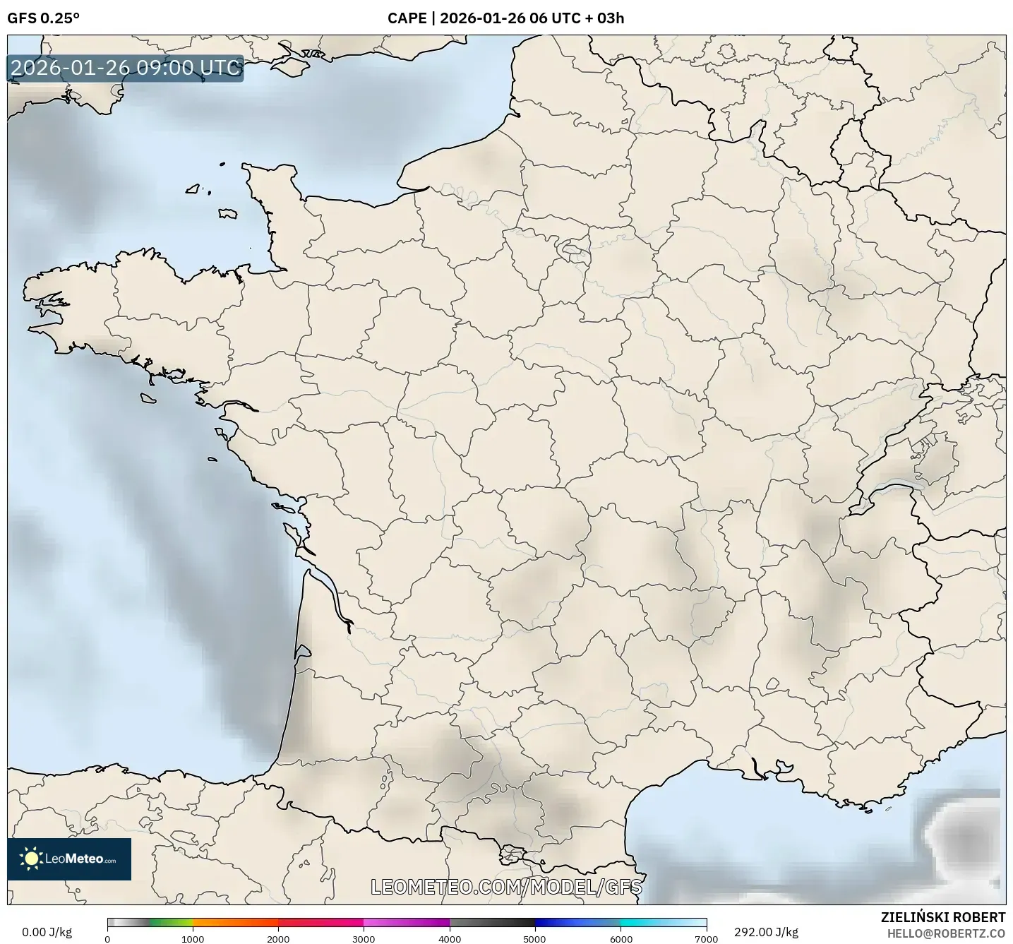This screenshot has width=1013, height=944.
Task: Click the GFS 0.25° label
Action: tap(43, 18)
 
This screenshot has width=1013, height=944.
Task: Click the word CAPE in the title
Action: tap(407, 18)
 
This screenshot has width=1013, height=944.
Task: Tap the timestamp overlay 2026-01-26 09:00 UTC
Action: tap(126, 68)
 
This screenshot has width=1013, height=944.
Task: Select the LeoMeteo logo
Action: tap(69, 859)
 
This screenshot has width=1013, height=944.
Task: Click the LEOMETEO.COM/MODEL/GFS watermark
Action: tap(506, 887)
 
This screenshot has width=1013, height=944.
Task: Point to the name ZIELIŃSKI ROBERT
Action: tap(943, 917)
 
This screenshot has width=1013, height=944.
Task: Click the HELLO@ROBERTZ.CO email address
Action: tap(946, 933)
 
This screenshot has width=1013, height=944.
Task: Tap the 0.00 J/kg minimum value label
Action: tap(47, 932)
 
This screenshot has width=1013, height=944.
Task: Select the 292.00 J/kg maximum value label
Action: tap(766, 932)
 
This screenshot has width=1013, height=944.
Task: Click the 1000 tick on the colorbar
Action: tap(193, 938)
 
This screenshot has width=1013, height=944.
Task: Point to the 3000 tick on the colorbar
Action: tap(364, 938)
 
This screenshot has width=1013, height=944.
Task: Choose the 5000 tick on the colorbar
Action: tap(535, 938)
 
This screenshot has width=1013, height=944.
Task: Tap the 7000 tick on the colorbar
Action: tap(706, 938)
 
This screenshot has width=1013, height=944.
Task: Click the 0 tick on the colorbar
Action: tap(107, 938)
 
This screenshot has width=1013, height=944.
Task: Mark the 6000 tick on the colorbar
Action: tap(621, 938)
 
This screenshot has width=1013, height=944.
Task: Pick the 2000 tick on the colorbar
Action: tap(278, 938)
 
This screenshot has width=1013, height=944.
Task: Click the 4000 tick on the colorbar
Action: tap(450, 938)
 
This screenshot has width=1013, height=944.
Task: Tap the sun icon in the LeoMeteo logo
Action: tap(32, 859)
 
